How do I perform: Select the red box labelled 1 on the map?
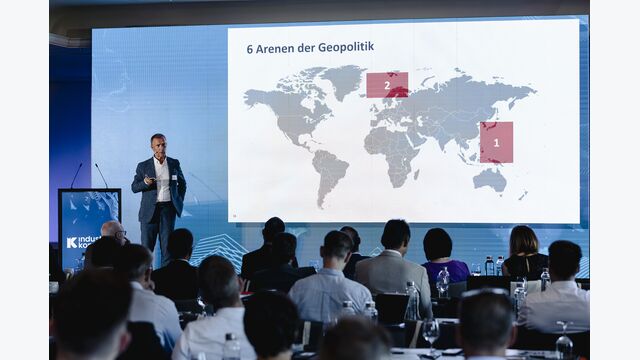[496, 142]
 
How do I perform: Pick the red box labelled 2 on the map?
[387, 85]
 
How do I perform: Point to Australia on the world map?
[489, 179]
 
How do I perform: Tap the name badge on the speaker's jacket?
[174, 177]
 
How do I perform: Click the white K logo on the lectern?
[72, 242]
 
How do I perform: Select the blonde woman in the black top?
[524, 250]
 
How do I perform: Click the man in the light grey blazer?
[392, 262]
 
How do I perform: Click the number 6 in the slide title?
[250, 48]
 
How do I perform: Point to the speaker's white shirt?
[162, 180]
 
